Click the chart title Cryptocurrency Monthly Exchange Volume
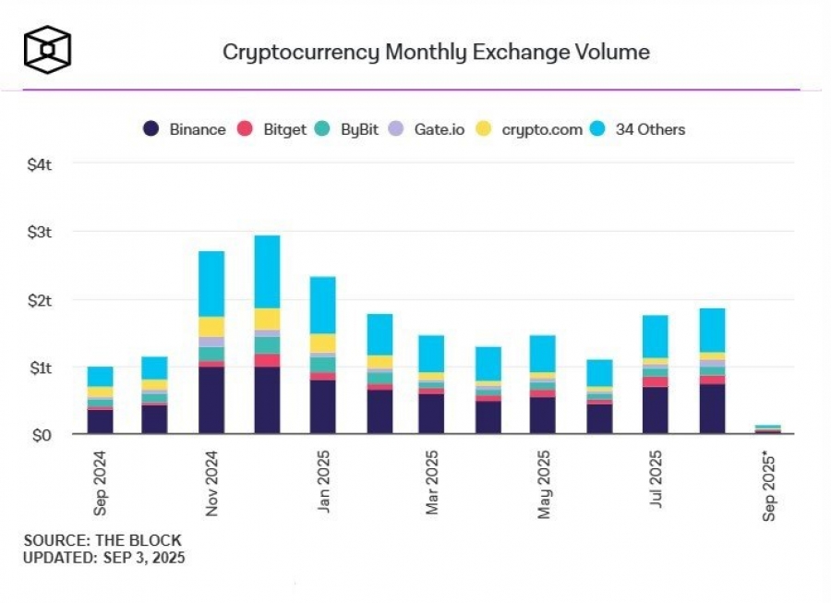pyautogui.click(x=436, y=51)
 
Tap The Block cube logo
pyautogui.click(x=48, y=49)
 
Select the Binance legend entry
pyautogui.click(x=185, y=129)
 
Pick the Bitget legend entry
pyautogui.click(x=272, y=129)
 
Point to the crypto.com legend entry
pyautogui.click(x=531, y=129)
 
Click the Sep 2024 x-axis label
pyautogui.click(x=100, y=482)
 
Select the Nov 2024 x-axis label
pyautogui.click(x=211, y=482)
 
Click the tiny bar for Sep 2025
pyautogui.click(x=768, y=428)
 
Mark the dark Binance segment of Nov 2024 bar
pyautogui.click(x=211, y=400)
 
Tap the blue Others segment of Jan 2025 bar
pyautogui.click(x=323, y=305)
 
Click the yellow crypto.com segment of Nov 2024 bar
pyautogui.click(x=211, y=327)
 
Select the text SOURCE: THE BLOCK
pyautogui.click(x=102, y=540)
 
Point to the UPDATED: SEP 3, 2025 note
pyautogui.click(x=104, y=557)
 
